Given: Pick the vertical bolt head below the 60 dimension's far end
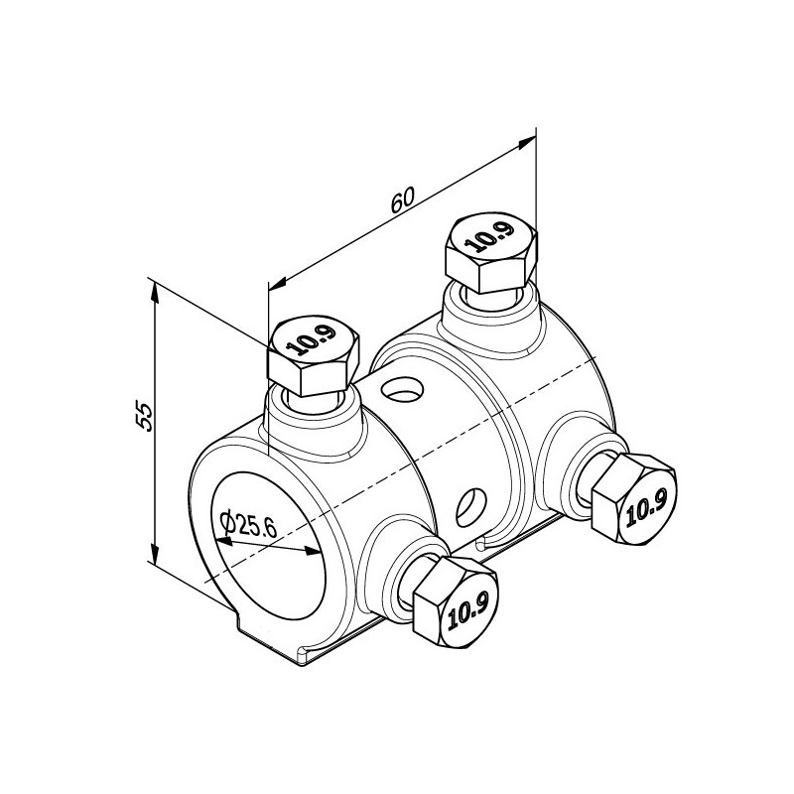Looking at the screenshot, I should (491, 252).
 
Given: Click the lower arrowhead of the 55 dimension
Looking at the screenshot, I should (154, 554).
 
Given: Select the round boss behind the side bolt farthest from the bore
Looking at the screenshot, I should (566, 466).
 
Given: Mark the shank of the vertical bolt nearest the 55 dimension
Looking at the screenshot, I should (312, 402).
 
